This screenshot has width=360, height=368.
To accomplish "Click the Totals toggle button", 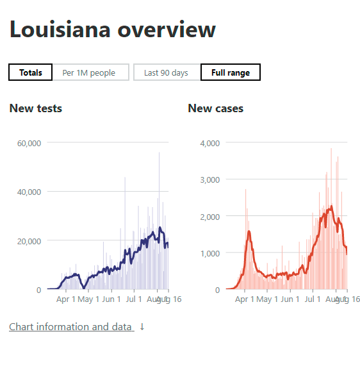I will tap(31, 72).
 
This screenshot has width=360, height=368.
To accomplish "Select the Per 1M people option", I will tap(89, 72).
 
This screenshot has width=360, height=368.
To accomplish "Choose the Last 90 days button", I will tap(166, 72).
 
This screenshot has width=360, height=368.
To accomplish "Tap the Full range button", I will tap(231, 72).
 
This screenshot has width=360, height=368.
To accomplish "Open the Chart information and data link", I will tap(70, 327).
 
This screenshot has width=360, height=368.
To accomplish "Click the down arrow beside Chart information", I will tap(142, 327).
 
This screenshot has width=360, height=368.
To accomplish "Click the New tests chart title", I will tap(36, 108).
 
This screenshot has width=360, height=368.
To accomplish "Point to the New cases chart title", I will tap(216, 108).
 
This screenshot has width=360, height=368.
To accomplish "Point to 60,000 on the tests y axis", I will tap(28, 142).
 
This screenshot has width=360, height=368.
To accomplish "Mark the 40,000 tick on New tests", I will tap(28, 192).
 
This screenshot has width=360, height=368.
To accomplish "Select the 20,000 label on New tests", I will tap(28, 240).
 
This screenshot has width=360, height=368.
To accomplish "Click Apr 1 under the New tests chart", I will tap(65, 299).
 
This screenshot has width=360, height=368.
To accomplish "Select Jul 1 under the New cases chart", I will tap(313, 299).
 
